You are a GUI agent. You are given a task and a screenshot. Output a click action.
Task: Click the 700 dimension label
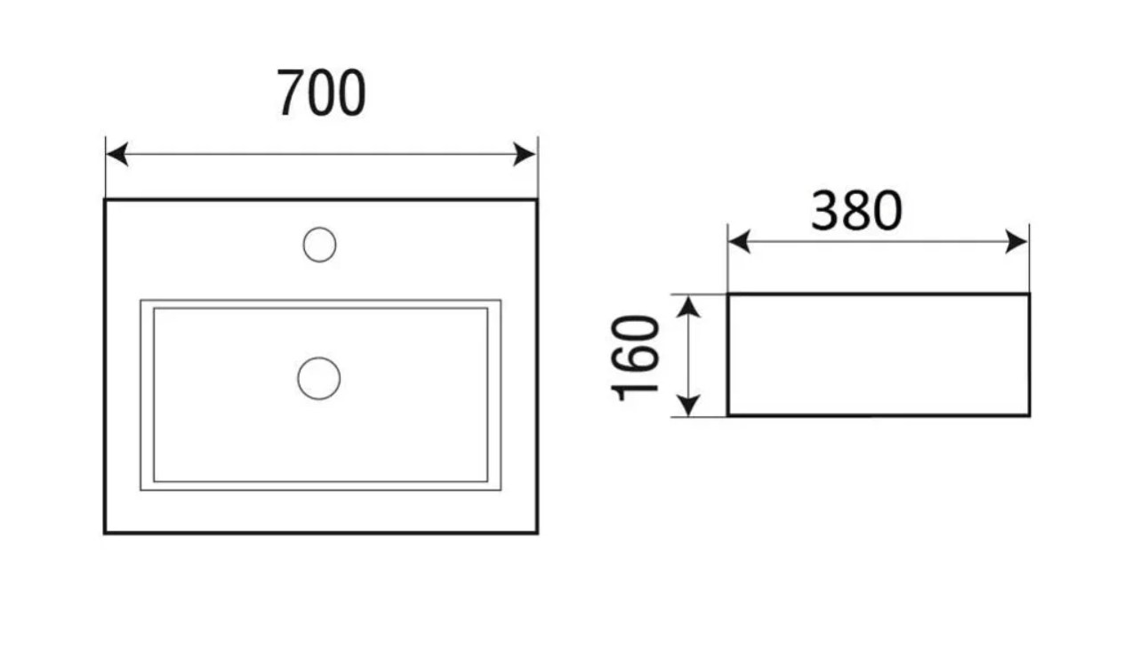322,93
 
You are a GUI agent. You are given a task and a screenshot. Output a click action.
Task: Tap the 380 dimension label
856,211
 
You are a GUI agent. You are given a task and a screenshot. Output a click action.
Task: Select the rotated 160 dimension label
635,359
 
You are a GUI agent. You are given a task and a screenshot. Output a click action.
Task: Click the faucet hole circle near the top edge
319,245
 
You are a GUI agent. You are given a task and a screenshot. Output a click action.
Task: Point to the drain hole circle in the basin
319,378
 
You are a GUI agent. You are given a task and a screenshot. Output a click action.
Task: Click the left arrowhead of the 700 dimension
116,154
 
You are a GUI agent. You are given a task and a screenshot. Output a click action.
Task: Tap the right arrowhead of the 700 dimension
525,154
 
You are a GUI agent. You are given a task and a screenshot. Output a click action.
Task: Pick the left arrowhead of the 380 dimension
739,241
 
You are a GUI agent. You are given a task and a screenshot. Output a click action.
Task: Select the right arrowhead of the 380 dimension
1017,241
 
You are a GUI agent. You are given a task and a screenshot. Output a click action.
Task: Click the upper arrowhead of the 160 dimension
688,307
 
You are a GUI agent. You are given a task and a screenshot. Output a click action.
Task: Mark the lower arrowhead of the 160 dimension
688,406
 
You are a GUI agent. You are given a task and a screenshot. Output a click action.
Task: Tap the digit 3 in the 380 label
825,211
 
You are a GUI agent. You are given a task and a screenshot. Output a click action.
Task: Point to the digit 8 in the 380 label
856,211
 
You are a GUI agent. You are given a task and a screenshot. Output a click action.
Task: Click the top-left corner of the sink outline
105,200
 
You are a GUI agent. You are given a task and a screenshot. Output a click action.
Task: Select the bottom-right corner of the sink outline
537,533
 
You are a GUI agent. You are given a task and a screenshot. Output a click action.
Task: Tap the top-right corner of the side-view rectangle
1030,294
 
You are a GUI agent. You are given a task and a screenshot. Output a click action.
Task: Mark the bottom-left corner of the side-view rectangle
728,415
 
